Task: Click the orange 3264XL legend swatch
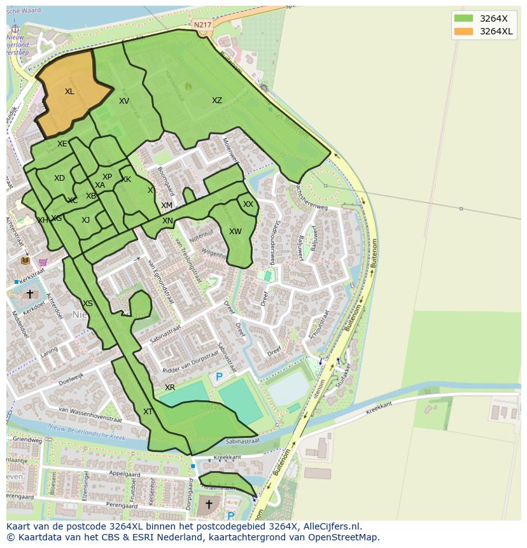click(x=464, y=31)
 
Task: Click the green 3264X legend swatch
click(x=464, y=18)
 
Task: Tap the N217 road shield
click(x=202, y=25)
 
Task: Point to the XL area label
click(x=69, y=92)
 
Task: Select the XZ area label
click(x=217, y=101)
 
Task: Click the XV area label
click(x=124, y=101)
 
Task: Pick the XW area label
click(x=235, y=232)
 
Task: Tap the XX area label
click(x=248, y=204)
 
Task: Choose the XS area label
click(x=88, y=304)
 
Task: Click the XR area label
click(x=170, y=388)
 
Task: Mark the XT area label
click(x=148, y=412)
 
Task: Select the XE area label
click(x=62, y=144)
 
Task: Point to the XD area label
click(x=59, y=178)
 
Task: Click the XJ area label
click(x=85, y=220)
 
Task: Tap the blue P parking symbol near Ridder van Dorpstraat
click(x=219, y=377)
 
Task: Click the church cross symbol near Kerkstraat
click(x=29, y=294)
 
